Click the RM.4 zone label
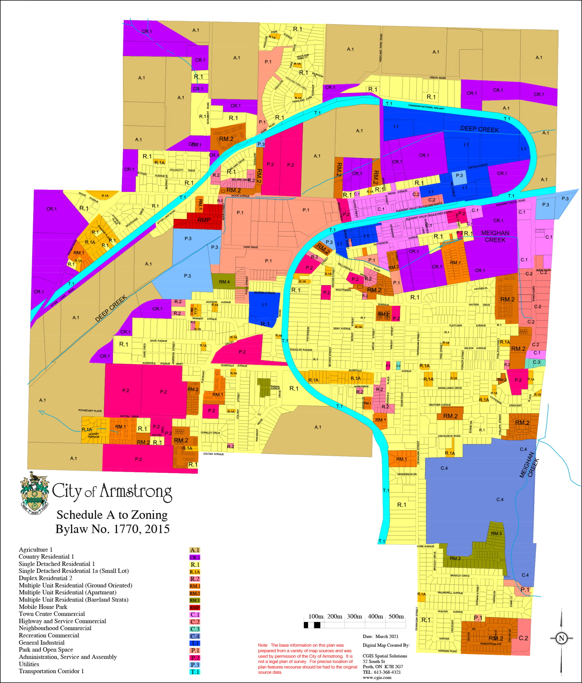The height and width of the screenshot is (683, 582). [224, 282]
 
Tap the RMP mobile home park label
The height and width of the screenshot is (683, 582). [204, 220]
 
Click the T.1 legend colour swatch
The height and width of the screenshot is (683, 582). [195, 672]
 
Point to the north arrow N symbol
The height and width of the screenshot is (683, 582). [561, 638]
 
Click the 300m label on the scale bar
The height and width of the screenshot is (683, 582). [354, 617]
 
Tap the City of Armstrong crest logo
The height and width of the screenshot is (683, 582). [34, 493]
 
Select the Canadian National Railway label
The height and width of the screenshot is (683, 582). [426, 107]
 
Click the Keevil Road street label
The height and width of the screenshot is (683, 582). [437, 78]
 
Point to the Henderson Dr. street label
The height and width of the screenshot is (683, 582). [407, 474]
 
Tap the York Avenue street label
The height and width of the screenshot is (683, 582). [425, 546]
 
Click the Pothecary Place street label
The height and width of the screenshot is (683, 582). [90, 411]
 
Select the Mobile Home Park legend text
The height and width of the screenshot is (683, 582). [43, 607]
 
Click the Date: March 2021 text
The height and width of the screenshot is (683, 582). [380, 636]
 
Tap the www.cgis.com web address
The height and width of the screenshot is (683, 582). [377, 677]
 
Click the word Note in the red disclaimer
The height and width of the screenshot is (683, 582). [263, 645]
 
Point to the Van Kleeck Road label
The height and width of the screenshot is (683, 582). [449, 436]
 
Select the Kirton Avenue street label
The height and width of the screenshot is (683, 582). [477, 166]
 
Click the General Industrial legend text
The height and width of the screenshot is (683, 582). [42, 643]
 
